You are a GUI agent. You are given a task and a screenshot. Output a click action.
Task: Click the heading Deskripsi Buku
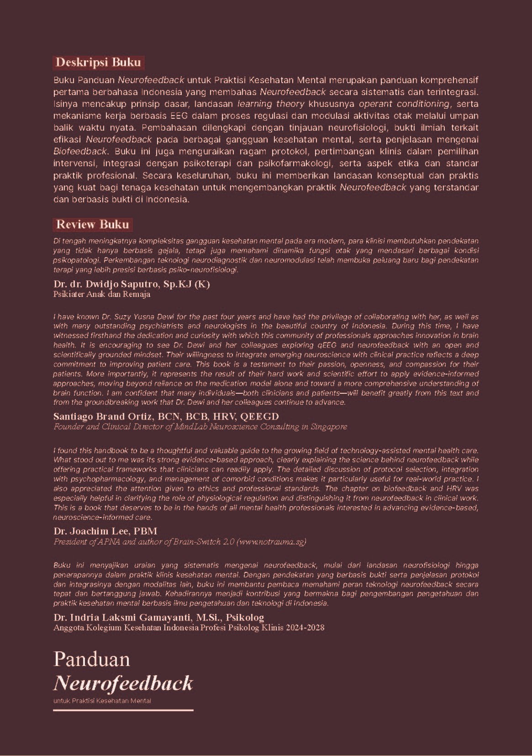[98, 62]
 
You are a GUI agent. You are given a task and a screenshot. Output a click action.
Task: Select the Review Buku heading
[92, 224]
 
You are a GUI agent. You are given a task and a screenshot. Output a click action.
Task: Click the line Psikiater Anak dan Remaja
[101, 294]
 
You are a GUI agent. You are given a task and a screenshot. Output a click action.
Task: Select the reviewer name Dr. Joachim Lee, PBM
[105, 531]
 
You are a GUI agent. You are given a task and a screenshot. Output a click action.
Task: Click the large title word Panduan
[91, 659]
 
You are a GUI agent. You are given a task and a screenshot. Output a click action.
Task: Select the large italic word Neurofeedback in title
[123, 683]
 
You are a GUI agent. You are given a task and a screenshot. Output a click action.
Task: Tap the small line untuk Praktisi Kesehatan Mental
[102, 701]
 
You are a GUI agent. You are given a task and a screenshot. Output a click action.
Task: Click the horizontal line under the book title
[123, 710]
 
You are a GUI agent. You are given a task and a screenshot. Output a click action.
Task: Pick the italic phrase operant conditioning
[404, 104]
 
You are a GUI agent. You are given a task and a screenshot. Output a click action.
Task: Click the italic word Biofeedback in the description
[80, 151]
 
